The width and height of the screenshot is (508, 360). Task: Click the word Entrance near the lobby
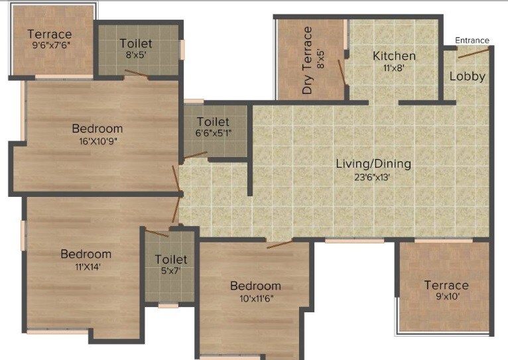(472, 40)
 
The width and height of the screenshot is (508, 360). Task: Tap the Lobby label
(467, 76)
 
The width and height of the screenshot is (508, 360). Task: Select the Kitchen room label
(394, 56)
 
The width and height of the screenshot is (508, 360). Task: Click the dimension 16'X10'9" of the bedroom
(97, 141)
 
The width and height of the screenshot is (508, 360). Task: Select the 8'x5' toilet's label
(136, 44)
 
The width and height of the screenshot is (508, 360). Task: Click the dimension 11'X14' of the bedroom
(86, 267)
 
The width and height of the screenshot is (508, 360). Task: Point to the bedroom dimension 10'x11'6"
(255, 298)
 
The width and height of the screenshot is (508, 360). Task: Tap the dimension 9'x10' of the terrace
(446, 298)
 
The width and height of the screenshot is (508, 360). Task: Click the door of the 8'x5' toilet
(136, 74)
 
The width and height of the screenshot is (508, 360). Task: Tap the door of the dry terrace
(342, 73)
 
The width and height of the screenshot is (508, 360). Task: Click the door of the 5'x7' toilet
(157, 233)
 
